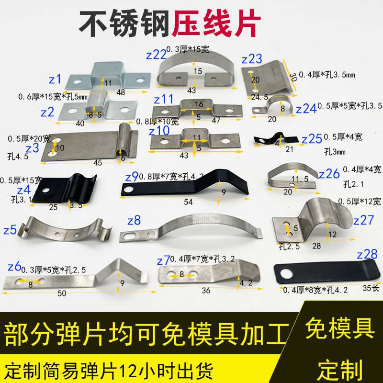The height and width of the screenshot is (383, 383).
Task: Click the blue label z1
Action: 56,79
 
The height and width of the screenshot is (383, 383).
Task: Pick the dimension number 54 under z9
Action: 188,202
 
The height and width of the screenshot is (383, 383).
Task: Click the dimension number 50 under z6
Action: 62,293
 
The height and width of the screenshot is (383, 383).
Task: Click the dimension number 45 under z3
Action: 98,163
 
